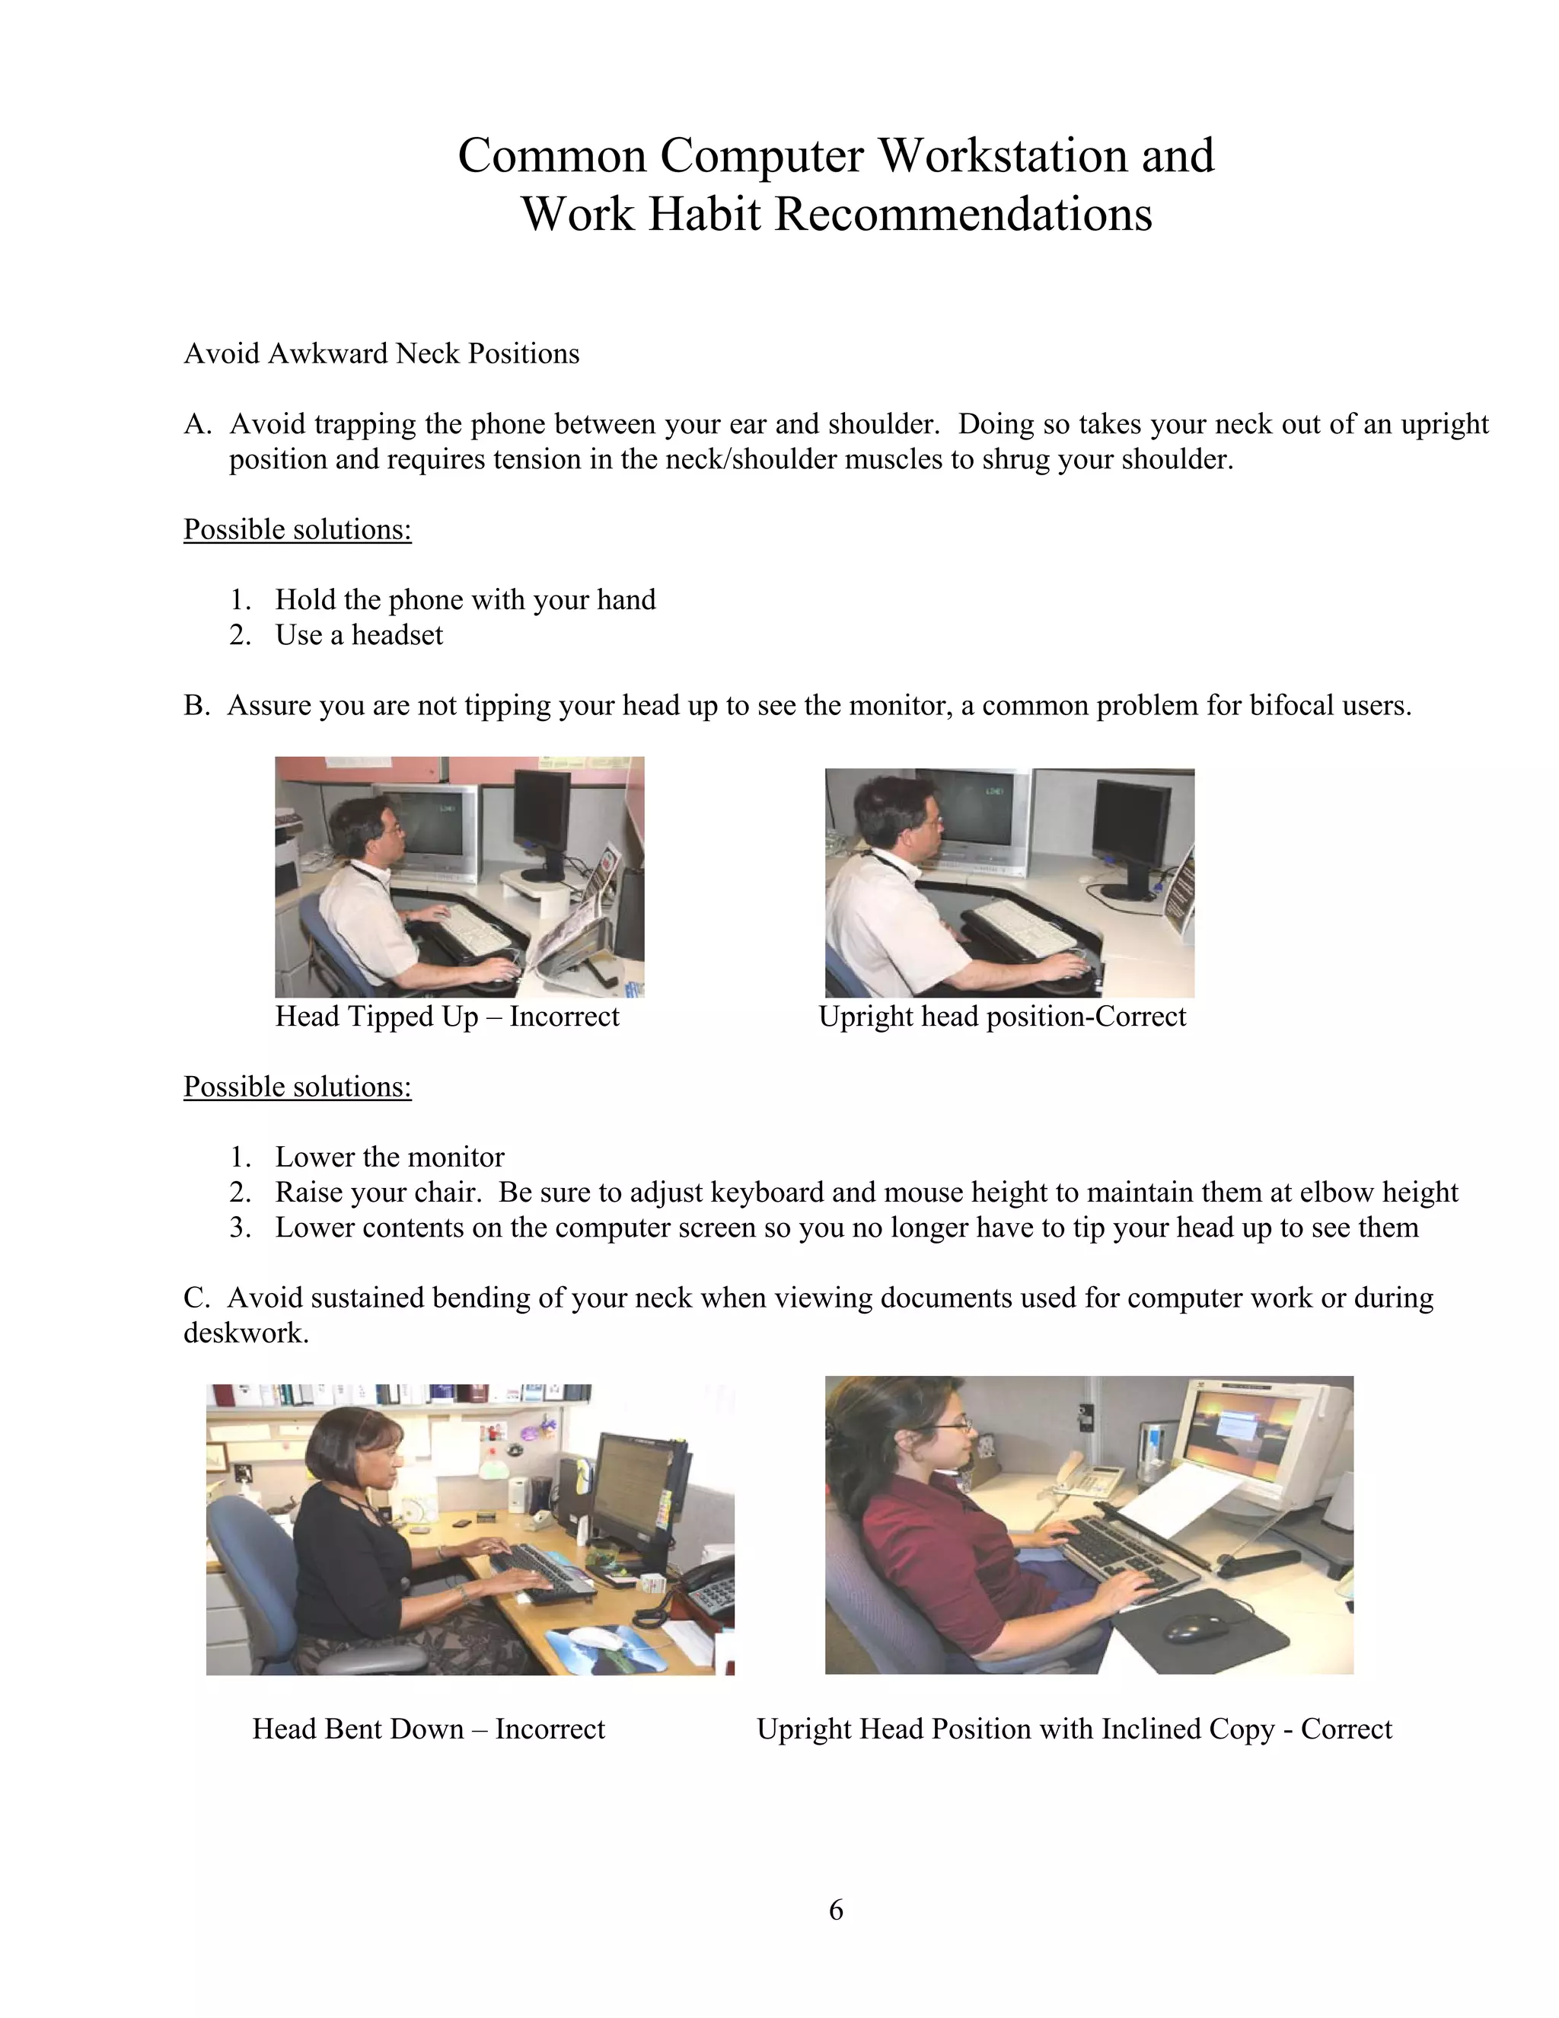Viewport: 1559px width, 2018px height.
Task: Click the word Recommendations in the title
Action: tap(962, 215)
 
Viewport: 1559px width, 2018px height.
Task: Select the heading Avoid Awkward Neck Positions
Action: tap(381, 354)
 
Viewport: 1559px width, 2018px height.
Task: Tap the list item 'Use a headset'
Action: tap(359, 636)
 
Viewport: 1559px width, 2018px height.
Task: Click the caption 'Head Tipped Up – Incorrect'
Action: tap(447, 1017)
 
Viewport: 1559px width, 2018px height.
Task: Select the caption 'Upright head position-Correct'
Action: tap(1002, 1017)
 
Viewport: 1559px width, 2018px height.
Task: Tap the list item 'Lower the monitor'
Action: tap(389, 1157)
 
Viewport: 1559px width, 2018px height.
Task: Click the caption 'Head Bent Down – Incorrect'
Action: tap(429, 1729)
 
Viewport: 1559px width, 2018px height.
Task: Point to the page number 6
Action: tap(836, 1910)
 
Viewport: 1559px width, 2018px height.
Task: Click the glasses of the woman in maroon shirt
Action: tap(957, 1429)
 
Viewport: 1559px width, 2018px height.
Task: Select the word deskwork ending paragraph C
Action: tap(245, 1334)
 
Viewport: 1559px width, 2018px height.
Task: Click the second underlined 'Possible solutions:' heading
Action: tap(298, 1087)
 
